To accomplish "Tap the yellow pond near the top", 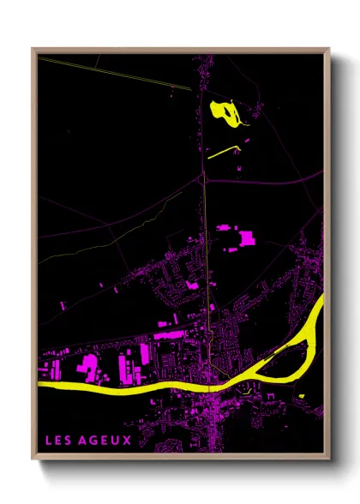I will pyautogui.click(x=224, y=111).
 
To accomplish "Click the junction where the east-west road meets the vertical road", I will pyautogui.click(x=204, y=180).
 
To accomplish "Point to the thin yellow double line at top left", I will pyautogui.click(x=103, y=72).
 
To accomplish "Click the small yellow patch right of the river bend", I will pyautogui.click(x=302, y=395).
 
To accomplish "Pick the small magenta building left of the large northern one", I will pyautogui.click(x=224, y=228).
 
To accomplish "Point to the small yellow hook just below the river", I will pyautogui.click(x=246, y=392).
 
